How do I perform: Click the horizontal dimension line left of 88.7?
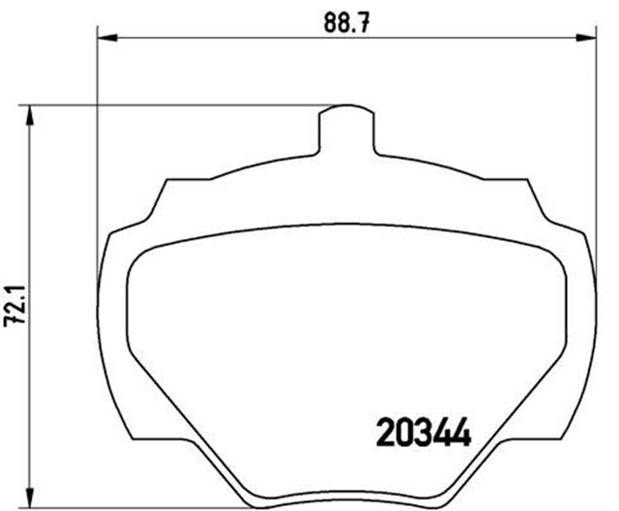[213, 39]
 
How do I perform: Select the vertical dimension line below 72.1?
[32, 406]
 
